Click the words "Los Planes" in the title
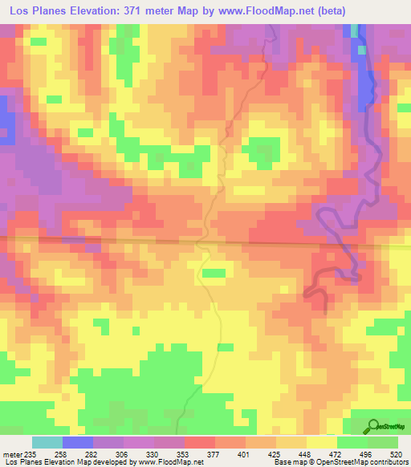tap(36, 11)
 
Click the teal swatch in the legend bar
tap(47, 442)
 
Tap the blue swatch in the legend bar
tap(77, 442)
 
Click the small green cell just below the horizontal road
tap(214, 273)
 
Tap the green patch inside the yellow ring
tap(262, 147)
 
